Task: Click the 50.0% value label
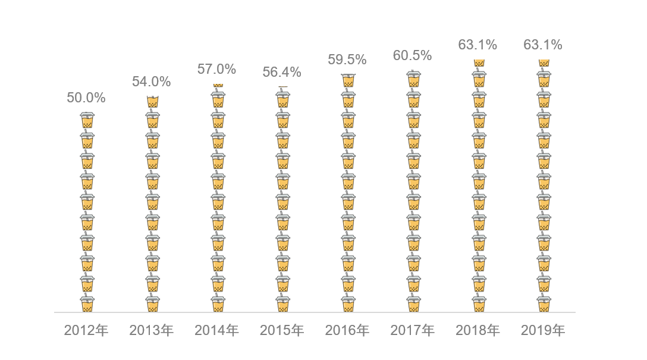pos(86,98)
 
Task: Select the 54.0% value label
pos(151,82)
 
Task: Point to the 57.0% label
pos(216,69)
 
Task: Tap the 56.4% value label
pos(282,73)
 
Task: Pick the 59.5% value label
pos(347,60)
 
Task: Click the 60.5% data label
pos(412,56)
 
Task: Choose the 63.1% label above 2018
pos(478,45)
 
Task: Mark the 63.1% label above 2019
pos(543,45)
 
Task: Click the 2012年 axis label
pos(86,330)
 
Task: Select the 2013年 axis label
pos(151,330)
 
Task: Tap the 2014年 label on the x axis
pos(216,330)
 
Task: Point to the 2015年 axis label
pos(282,330)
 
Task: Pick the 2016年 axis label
pos(347,330)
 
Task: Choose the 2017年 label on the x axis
pos(412,330)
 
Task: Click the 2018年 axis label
pos(478,330)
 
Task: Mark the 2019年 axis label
pos(543,330)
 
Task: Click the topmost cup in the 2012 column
pos(87,121)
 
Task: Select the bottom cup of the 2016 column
pos(348,303)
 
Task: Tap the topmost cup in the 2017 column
pos(414,80)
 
